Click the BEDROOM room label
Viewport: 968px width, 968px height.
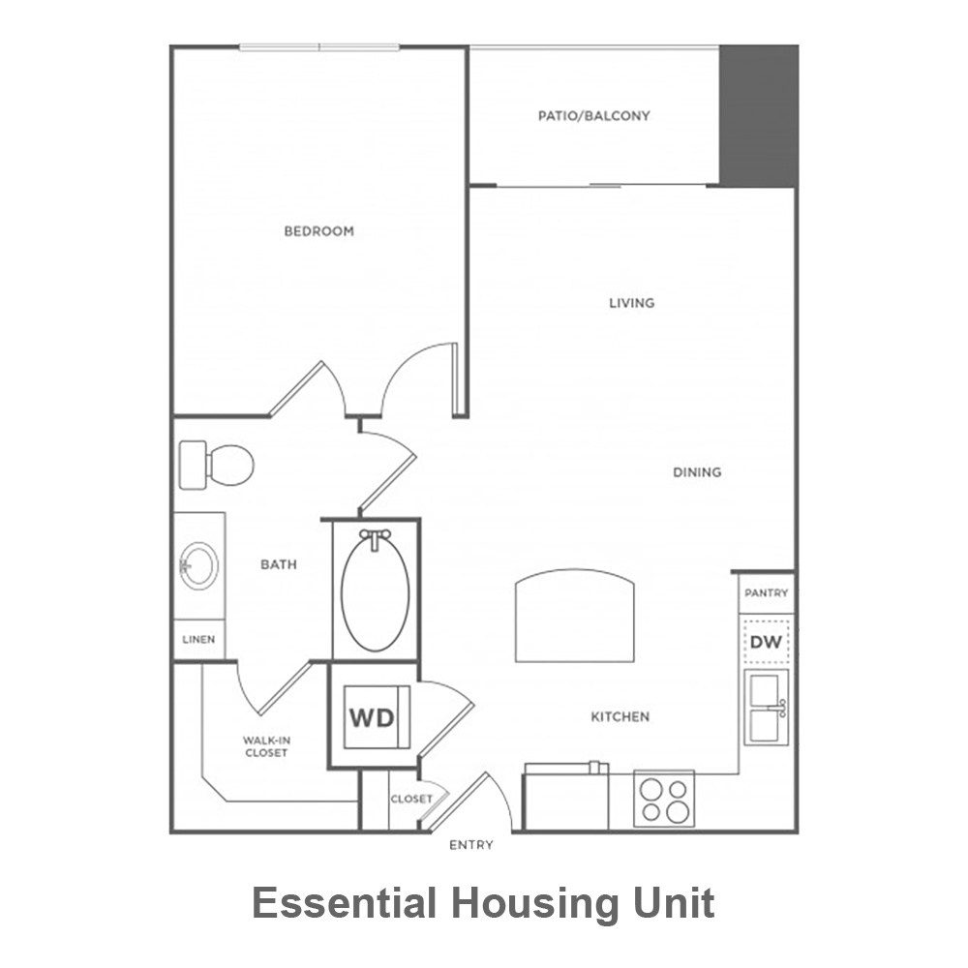319,231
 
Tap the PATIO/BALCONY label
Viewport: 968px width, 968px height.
594,116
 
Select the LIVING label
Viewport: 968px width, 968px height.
631,303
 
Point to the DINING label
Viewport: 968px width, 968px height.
697,472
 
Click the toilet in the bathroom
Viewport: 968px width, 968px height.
216,465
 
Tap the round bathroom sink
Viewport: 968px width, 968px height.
198,565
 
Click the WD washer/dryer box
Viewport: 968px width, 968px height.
377,717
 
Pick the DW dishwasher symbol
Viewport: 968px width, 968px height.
766,642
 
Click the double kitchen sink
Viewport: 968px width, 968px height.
766,707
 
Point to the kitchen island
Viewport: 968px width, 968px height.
575,616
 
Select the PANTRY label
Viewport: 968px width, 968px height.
766,593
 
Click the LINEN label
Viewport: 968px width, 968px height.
198,640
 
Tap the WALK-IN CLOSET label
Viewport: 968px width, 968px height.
266,746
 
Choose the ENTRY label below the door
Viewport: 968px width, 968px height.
471,845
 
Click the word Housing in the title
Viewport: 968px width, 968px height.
534,904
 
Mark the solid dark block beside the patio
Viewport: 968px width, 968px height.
759,115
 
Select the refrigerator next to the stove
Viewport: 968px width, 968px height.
566,797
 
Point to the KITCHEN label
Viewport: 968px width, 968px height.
620,717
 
